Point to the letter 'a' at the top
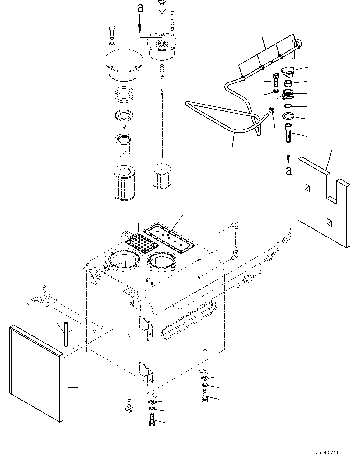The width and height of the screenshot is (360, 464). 140,8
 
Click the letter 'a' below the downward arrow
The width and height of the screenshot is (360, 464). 289,171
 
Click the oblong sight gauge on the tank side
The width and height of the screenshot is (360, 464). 188,320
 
